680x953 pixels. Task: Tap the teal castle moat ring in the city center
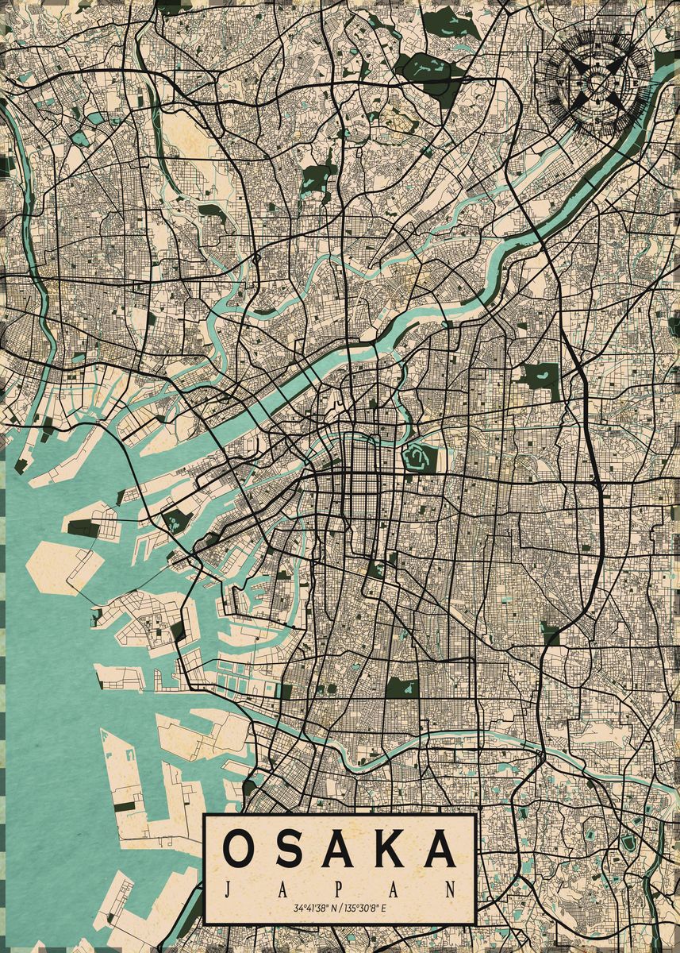click(416, 456)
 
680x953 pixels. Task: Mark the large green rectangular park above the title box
click(401, 688)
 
